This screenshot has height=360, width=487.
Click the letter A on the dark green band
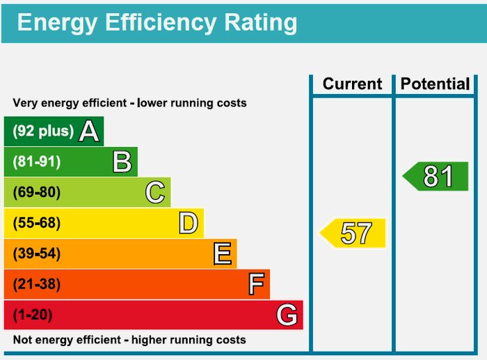tap(88, 131)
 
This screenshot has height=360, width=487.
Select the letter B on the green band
tap(122, 162)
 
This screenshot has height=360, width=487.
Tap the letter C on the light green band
tap(155, 192)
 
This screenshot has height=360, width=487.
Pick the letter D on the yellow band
tap(188, 223)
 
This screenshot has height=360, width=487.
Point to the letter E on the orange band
tap(222, 253)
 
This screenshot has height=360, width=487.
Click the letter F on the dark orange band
tap(256, 284)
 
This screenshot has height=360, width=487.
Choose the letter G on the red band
tap(287, 315)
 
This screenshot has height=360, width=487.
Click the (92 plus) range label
tap(43, 131)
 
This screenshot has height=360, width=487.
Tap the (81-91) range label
tap(37, 162)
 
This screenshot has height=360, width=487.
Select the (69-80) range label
tap(37, 192)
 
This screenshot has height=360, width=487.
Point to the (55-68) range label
tap(37, 223)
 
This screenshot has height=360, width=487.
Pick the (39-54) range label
tap(37, 253)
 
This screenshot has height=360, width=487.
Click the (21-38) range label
tap(37, 284)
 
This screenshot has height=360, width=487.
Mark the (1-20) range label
tap(33, 315)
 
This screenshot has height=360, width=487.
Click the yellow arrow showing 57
tap(353, 233)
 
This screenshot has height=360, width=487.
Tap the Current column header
tap(352, 84)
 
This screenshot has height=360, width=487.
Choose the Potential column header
tap(436, 84)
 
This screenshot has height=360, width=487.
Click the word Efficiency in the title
tap(161, 22)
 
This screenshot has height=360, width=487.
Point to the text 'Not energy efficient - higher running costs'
tap(129, 340)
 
